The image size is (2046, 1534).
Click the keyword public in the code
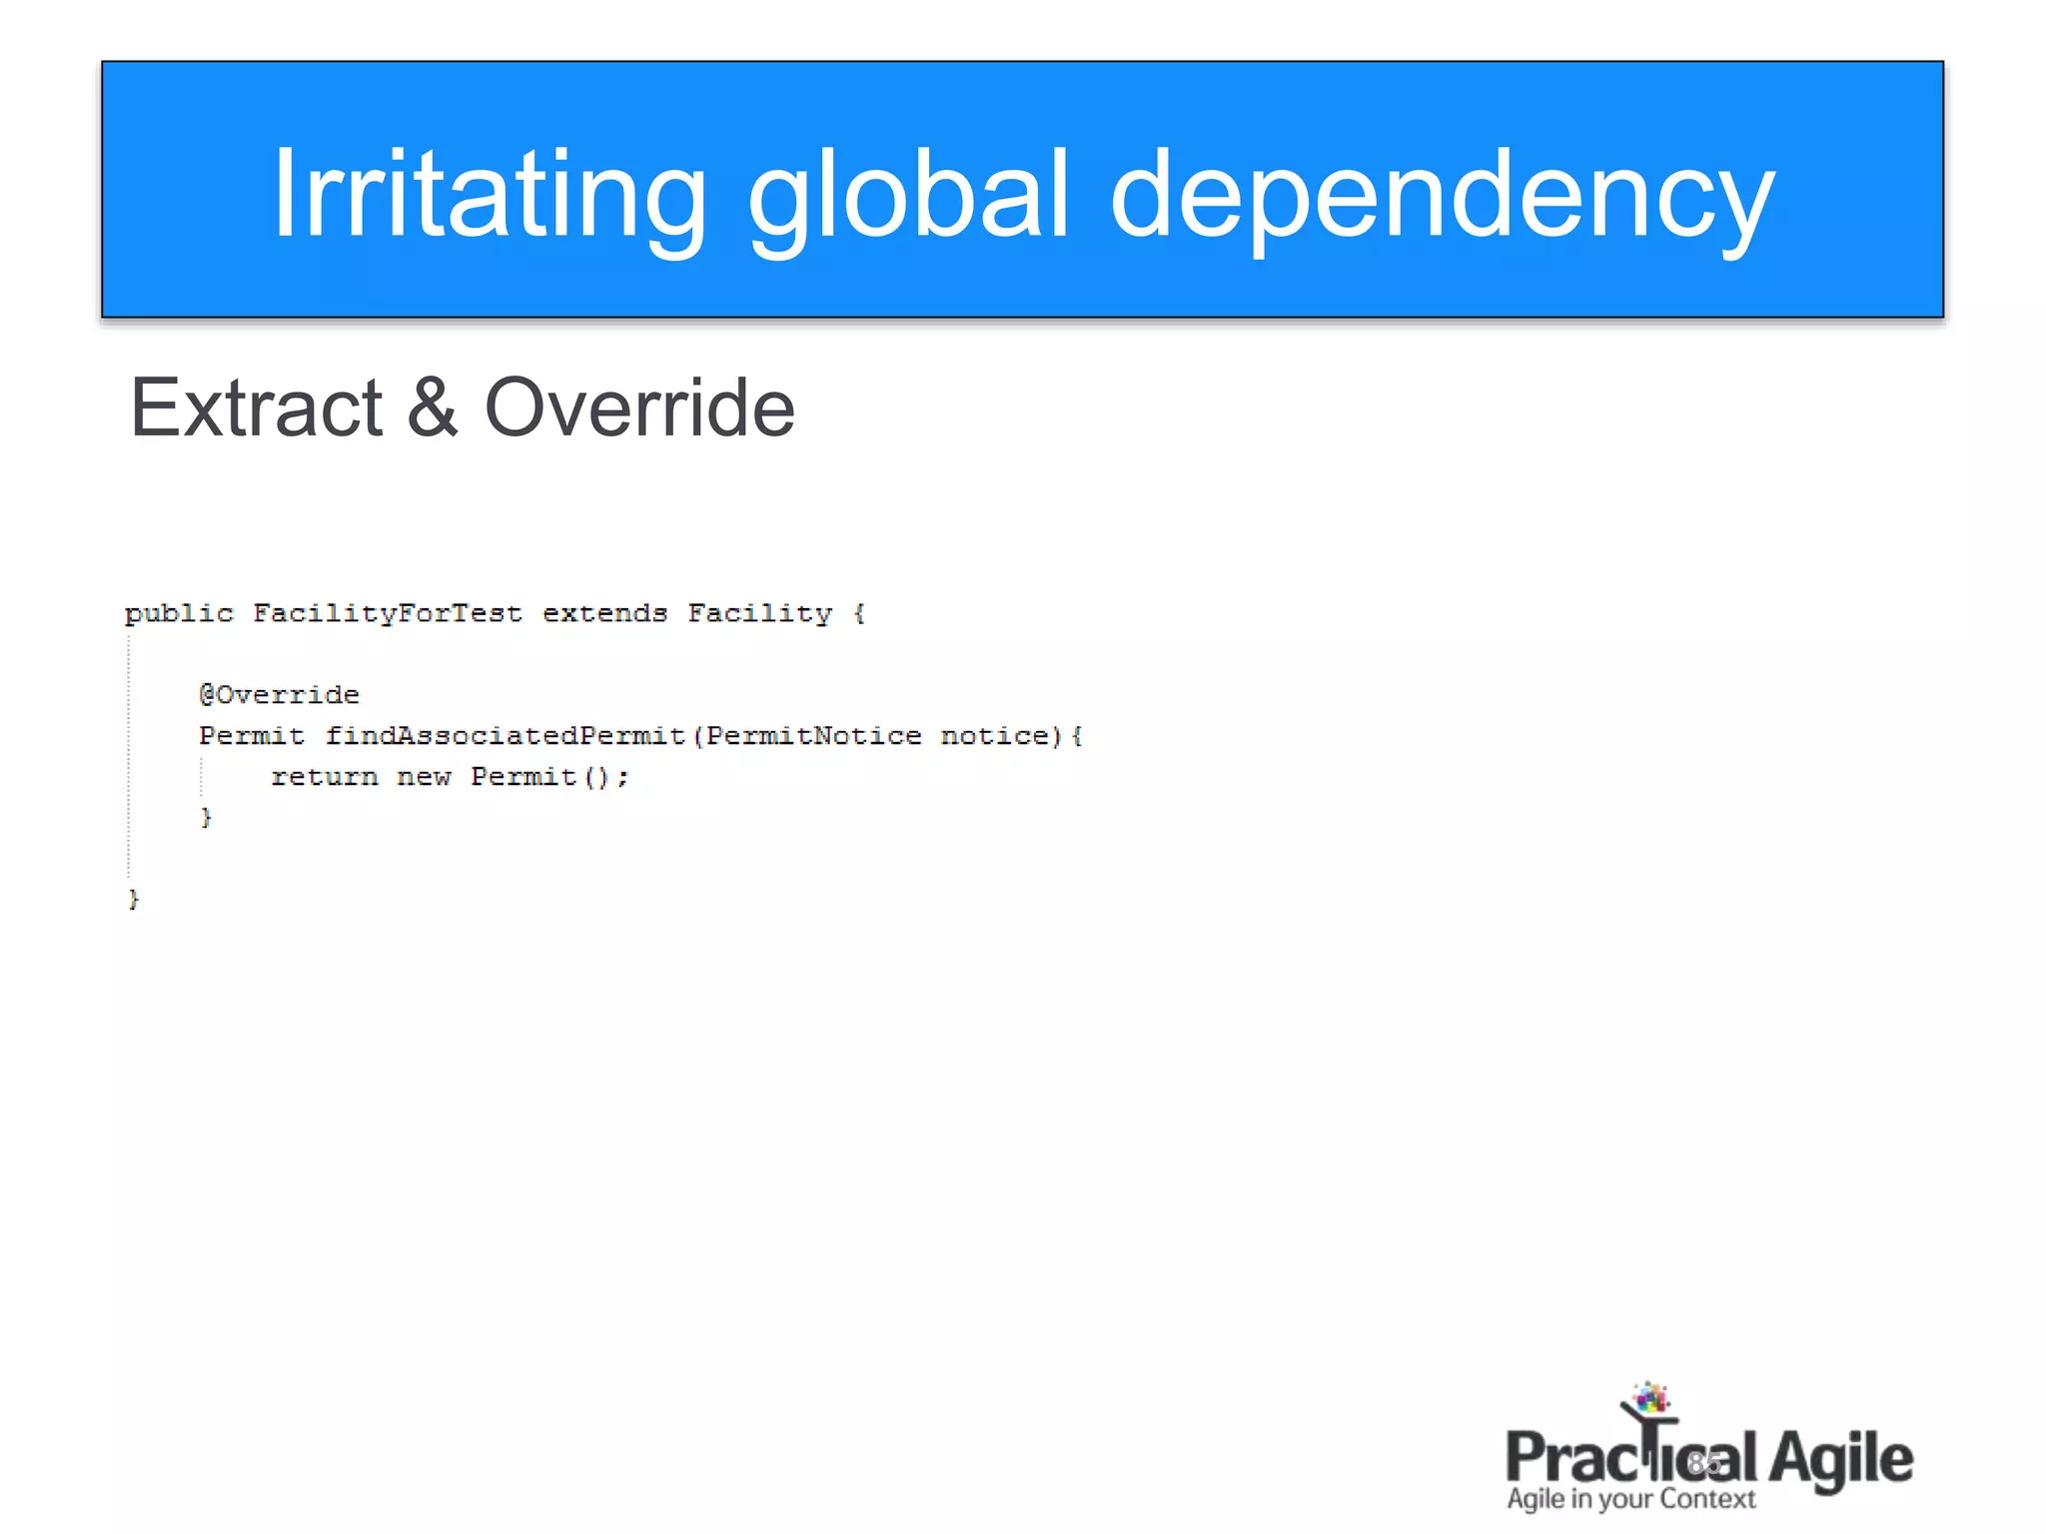pos(179,613)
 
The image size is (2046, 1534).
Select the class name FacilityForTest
pos(388,613)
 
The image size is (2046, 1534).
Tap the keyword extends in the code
pos(604,613)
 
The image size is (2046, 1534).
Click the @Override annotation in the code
pos(279,695)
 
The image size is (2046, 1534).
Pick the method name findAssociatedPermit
pos(505,736)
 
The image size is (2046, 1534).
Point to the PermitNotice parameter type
pos(814,736)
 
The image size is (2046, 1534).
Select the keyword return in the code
pos(325,777)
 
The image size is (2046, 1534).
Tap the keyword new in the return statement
pos(424,777)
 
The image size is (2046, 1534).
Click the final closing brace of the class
pos(133,900)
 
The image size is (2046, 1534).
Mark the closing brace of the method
pos(206,818)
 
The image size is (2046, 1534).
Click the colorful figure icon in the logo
pos(1649,1403)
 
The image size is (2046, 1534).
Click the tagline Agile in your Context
pos(1630,1499)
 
